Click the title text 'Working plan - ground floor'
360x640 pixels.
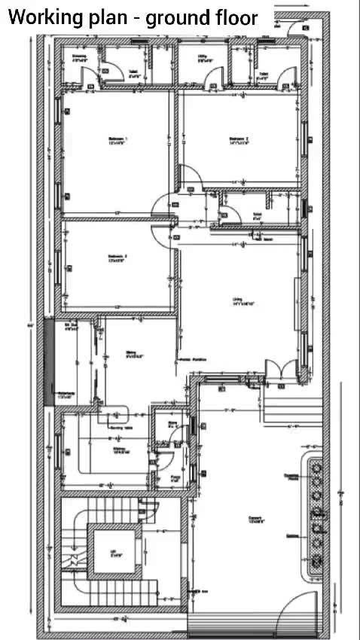pyautogui.click(x=133, y=18)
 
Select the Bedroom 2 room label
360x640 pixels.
pyautogui.click(x=239, y=140)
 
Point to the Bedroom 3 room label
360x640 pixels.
pyautogui.click(x=117, y=258)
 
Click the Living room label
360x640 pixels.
pyautogui.click(x=243, y=301)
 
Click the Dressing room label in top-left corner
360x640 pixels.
pyautogui.click(x=78, y=57)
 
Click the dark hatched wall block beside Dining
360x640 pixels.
pyautogui.click(x=49, y=363)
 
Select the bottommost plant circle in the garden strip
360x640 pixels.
pyautogui.click(x=316, y=561)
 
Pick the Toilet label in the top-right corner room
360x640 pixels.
pyautogui.click(x=261, y=75)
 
